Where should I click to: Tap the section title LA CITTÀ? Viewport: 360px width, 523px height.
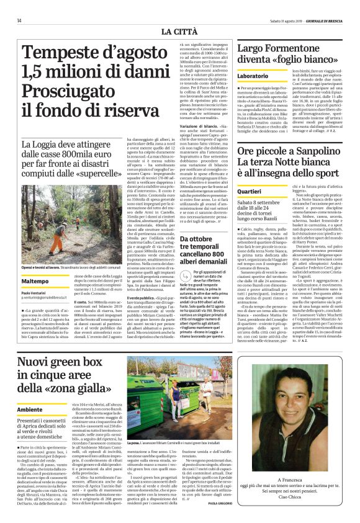(179, 31)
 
